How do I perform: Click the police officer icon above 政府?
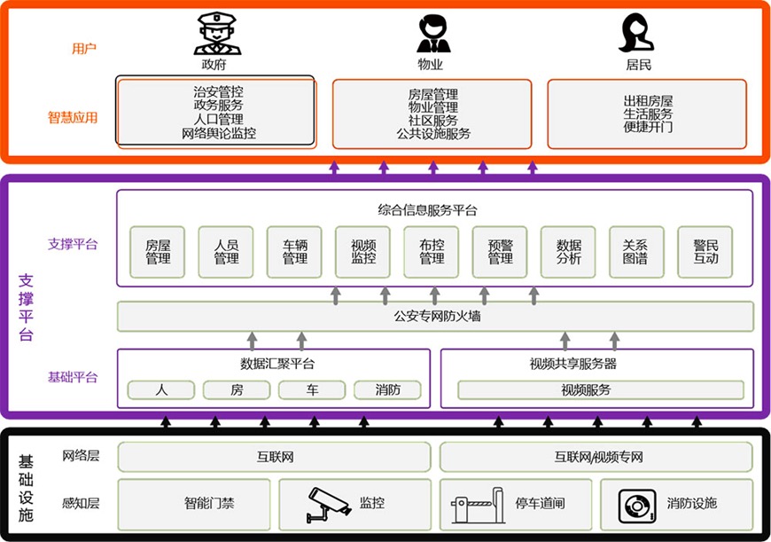[x=217, y=34]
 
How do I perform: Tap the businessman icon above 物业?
[x=433, y=34]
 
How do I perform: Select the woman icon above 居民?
[x=635, y=33]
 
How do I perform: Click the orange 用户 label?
[x=84, y=48]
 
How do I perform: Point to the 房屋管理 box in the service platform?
[x=158, y=252]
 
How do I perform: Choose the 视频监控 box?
[x=362, y=252]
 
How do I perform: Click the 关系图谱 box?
[x=636, y=252]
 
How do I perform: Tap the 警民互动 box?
[x=705, y=252]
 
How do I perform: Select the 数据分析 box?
[x=568, y=252]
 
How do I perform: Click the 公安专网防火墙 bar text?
[x=437, y=316]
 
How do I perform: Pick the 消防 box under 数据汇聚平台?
[x=387, y=390]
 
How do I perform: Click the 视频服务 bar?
[x=601, y=390]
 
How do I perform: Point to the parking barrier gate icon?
[x=478, y=505]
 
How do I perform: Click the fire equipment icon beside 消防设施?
[x=637, y=506]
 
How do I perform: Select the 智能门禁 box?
[x=194, y=504]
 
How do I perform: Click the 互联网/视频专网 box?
[x=596, y=457]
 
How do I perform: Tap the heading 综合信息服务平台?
[x=427, y=211]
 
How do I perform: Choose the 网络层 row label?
[x=81, y=456]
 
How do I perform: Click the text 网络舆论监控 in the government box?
[x=219, y=133]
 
